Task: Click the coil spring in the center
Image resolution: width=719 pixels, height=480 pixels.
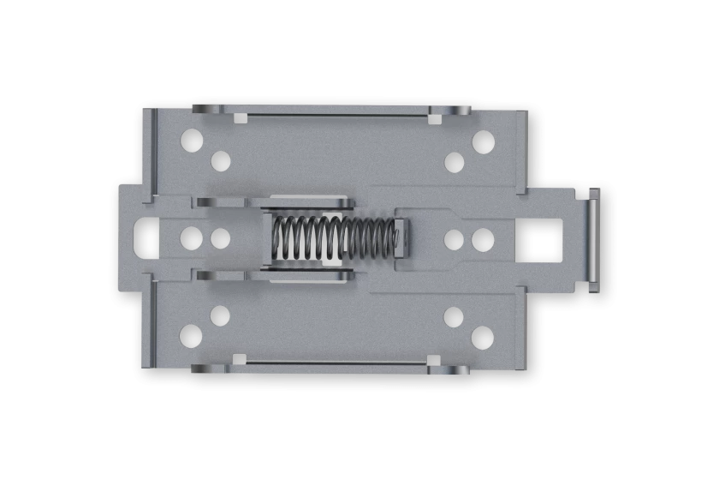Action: tap(334, 238)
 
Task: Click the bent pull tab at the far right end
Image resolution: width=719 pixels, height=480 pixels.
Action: tap(593, 239)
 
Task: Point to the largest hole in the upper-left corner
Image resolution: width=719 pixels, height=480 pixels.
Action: tap(192, 140)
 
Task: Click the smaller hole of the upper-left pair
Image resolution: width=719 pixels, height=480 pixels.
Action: tap(220, 160)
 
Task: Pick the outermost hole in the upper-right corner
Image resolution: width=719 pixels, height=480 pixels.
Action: tap(483, 141)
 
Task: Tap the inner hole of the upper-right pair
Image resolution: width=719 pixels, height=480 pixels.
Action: tap(454, 161)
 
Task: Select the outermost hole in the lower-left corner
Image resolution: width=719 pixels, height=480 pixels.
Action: tap(191, 336)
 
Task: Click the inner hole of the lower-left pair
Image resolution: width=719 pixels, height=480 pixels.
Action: tap(220, 315)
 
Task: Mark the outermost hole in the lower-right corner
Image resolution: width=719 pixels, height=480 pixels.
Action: tap(482, 337)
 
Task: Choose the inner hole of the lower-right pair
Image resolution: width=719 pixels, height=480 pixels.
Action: tap(454, 316)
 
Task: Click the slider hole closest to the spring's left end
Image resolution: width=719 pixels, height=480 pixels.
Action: tap(220, 238)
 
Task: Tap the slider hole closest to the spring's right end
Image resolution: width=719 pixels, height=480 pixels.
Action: tap(454, 239)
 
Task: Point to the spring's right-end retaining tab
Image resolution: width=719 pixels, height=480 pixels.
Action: tap(400, 238)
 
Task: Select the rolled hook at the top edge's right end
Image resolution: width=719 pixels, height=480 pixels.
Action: tap(450, 111)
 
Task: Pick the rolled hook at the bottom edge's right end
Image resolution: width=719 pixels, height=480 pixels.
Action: tap(450, 370)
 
